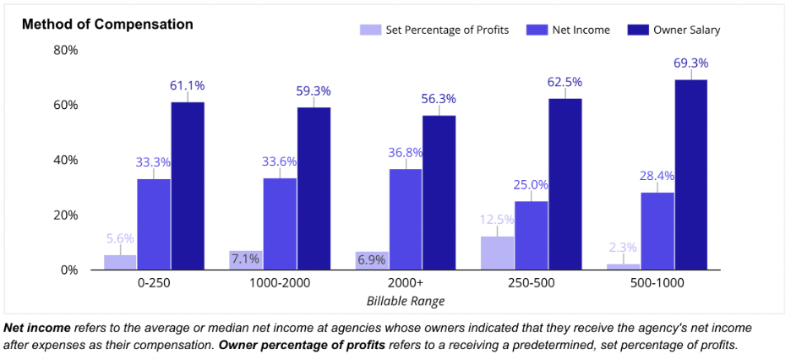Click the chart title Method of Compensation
(x=107, y=25)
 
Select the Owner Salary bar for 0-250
(x=188, y=186)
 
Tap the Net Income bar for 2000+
(x=406, y=220)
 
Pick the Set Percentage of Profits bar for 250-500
(x=498, y=253)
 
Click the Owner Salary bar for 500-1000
(x=690, y=175)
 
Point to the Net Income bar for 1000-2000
(x=280, y=224)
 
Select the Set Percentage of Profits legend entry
(x=435, y=30)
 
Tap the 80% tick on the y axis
(x=66, y=50)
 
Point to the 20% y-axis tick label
(x=66, y=215)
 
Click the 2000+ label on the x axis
(x=406, y=282)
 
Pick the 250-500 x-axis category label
(x=532, y=282)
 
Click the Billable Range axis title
(x=406, y=301)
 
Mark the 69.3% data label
(x=690, y=63)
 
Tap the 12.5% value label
(x=498, y=220)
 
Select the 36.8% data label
(x=406, y=153)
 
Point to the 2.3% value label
(x=624, y=248)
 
